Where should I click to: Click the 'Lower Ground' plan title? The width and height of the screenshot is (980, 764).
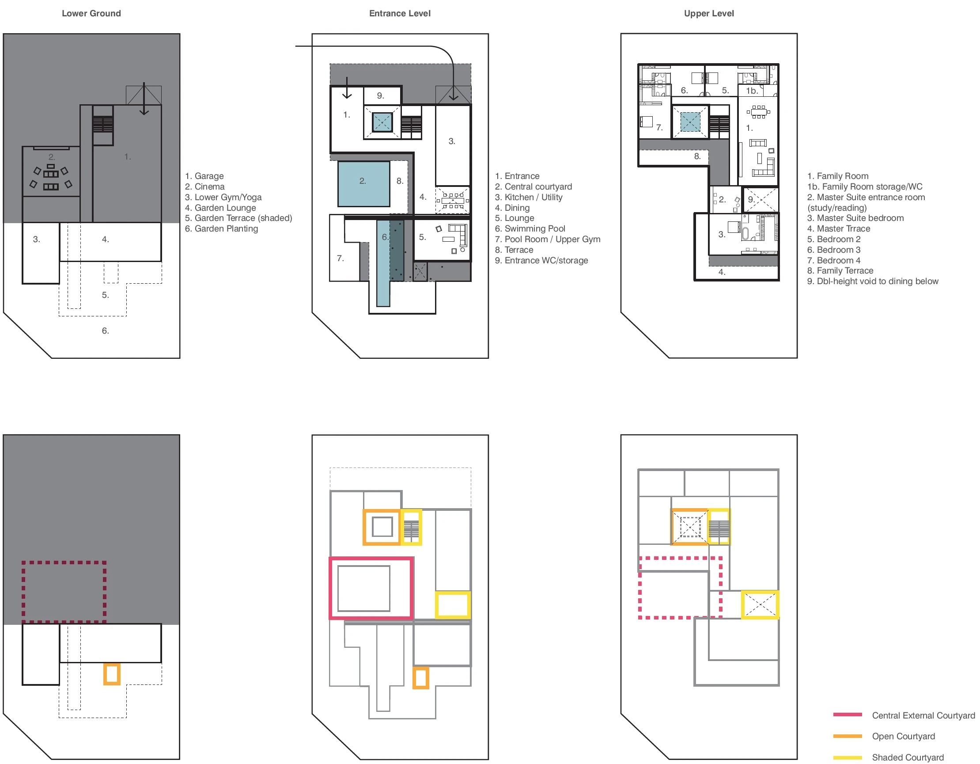[x=91, y=13]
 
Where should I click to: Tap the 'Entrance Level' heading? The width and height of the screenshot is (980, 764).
[x=400, y=13]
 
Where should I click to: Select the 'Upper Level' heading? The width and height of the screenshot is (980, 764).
[x=709, y=13]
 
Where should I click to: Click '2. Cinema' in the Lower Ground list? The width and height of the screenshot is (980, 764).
[x=204, y=187]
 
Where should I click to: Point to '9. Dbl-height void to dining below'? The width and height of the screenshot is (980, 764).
[x=873, y=281]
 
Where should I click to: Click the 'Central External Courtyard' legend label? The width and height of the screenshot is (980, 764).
[x=923, y=715]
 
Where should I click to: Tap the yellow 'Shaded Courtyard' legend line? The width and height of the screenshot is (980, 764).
[x=848, y=758]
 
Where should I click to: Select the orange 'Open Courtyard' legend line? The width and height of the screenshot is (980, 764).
[x=848, y=736]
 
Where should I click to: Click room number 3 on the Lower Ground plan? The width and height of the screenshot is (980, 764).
[x=36, y=239]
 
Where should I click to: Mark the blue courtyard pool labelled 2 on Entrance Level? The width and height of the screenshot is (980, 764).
[x=364, y=183]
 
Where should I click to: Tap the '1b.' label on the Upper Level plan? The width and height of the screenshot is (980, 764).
[x=752, y=91]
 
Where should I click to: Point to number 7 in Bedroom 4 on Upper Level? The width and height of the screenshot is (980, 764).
[x=659, y=128]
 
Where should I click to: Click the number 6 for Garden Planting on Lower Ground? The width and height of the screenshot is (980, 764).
[x=106, y=331]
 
